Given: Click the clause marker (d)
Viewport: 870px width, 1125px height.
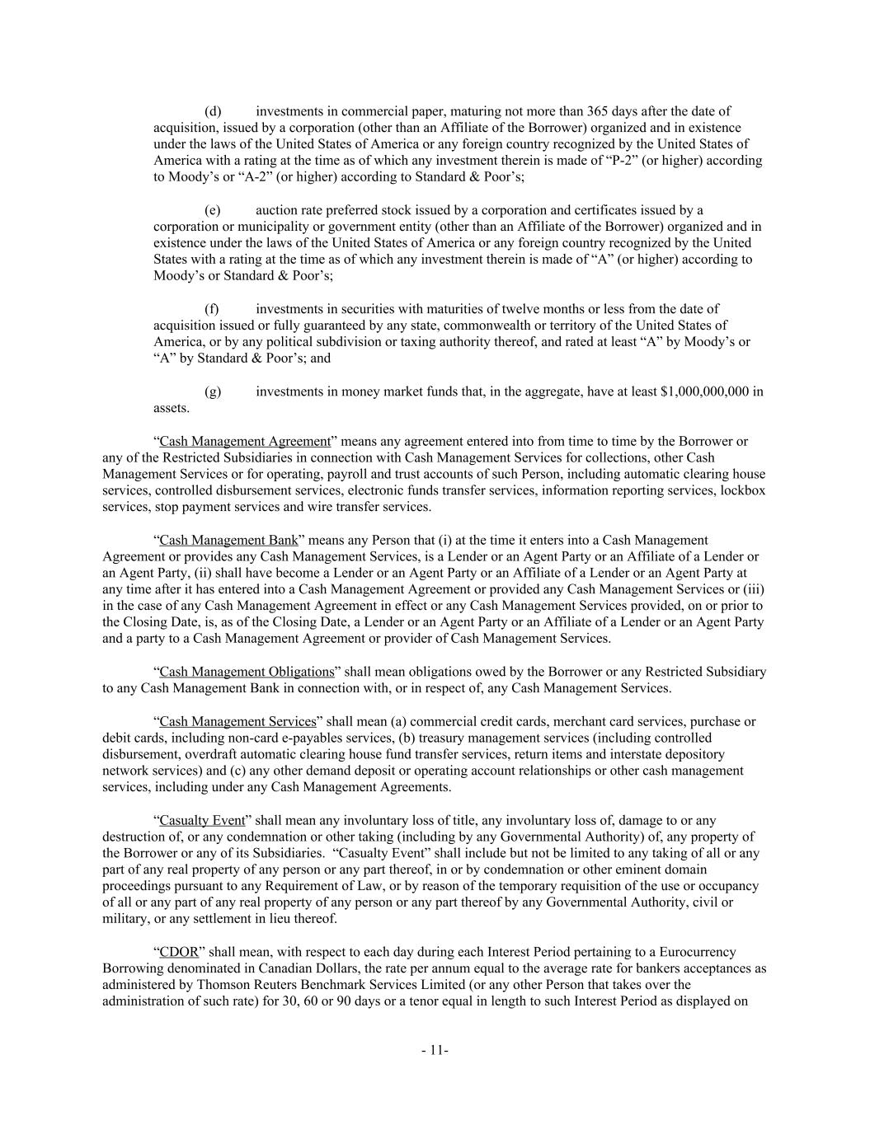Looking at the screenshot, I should pyautogui.click(x=213, y=111).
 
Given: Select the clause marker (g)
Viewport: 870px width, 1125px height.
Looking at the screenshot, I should pyautogui.click(x=213, y=391).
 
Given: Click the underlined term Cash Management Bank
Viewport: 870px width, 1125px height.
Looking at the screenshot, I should pyautogui.click(x=228, y=541).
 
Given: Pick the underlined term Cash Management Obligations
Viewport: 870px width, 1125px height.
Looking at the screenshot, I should pyautogui.click(x=247, y=673).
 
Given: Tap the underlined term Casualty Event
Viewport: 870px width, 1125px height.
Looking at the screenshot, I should pyautogui.click(x=202, y=821).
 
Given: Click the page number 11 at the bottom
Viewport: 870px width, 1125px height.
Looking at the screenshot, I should pyautogui.click(x=435, y=1051).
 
